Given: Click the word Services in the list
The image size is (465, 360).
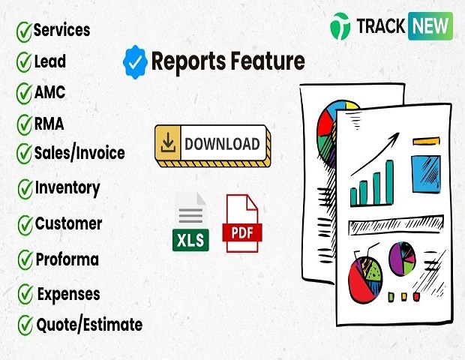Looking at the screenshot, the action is tap(61, 30).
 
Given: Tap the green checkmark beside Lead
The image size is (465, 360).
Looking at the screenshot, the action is tap(24, 62).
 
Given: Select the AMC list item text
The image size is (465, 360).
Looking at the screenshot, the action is tap(49, 92).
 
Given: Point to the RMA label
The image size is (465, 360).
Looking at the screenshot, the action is tap(49, 123).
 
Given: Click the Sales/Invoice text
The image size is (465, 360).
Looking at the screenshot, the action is tap(79, 153).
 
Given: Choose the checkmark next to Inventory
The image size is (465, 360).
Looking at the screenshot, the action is tap(25, 189).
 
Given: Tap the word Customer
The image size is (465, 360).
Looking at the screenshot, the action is tap(68, 223).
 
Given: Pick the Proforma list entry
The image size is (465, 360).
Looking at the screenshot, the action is tap(67, 259).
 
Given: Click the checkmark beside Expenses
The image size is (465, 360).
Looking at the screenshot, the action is tap(25, 294).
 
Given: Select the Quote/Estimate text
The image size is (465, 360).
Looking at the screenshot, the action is tap(89, 325).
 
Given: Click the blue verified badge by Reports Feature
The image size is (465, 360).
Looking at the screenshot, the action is tap(135, 62).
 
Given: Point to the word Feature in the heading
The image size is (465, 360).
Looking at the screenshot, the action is tap(268, 61).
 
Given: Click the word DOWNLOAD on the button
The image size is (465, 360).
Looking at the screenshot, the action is tap(222, 144).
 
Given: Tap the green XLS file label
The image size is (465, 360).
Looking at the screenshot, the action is tap(190, 240).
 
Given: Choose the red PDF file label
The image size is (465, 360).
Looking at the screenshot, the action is tap(242, 232).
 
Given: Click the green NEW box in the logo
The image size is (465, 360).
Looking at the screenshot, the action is tap(430, 26).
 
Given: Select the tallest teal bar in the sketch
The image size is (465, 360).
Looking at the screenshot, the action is tap(390, 182).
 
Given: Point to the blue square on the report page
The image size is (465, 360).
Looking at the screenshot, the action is tap(426, 174).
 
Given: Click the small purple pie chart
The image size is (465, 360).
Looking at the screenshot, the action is tap(402, 259).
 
